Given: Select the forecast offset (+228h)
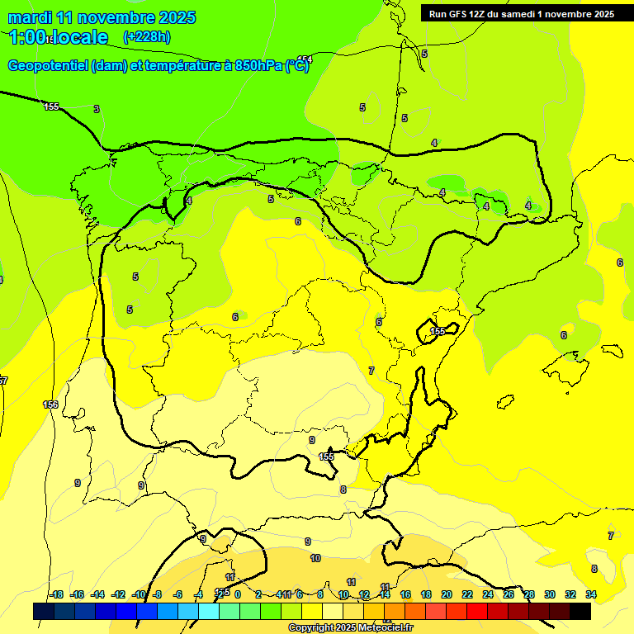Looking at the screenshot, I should pos(146,36).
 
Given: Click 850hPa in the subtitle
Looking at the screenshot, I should pos(258,66).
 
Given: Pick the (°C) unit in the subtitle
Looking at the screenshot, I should pos(297,66).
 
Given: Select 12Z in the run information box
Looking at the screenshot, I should pos(481,14).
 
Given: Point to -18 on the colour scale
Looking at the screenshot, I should pos(56,594).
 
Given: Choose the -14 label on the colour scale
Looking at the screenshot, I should pos(97,594).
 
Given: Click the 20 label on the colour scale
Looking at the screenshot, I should pos(447,594).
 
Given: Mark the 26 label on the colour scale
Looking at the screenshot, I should pos(509,594).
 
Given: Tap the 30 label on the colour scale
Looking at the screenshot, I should pos(550,594).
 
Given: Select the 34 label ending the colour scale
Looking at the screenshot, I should pos(591,594).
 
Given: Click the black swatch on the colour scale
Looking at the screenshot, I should pos(580,611).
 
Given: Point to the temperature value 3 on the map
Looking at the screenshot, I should pos(97,109).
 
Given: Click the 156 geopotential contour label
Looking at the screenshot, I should pos(51,405).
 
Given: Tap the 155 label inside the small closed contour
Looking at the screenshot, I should pos(438,331).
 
